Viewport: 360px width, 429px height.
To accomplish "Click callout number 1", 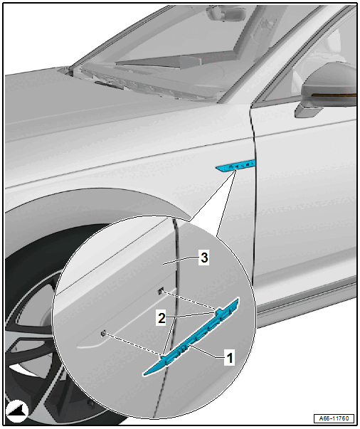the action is click(x=229, y=358).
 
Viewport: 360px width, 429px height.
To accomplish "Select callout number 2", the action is click(x=162, y=318).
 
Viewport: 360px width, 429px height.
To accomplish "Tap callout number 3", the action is click(x=204, y=258).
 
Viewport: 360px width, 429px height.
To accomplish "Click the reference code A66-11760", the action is click(x=334, y=418).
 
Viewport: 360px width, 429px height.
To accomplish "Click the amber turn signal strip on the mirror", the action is click(x=334, y=95).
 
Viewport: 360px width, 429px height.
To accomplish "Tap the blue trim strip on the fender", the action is click(x=235, y=166).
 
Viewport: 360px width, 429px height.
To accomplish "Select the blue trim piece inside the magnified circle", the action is click(x=191, y=337).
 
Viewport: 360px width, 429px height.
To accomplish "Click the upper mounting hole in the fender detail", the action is click(x=161, y=291).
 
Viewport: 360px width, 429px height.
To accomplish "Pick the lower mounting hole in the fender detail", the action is click(x=104, y=334).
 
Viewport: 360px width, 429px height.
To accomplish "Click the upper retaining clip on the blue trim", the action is click(x=218, y=312).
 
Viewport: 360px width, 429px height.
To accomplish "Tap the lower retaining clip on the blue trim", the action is click(x=162, y=356).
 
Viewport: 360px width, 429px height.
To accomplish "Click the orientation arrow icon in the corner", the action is click(x=17, y=411).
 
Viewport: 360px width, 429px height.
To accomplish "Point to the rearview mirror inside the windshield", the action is click(x=226, y=13).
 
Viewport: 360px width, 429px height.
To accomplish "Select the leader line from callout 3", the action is click(x=181, y=260).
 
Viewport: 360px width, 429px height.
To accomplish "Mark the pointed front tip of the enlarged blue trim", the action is click(x=144, y=374).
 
